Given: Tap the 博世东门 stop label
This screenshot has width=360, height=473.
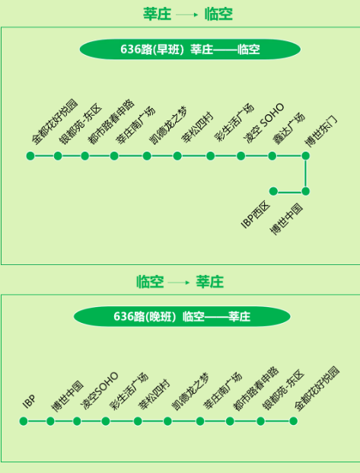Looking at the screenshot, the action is [x=321, y=132].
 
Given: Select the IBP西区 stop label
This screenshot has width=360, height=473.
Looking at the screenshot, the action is [x=256, y=215].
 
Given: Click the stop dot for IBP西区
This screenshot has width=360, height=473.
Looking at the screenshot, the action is [x=273, y=191].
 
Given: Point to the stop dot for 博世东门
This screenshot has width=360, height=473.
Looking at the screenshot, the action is [x=305, y=156].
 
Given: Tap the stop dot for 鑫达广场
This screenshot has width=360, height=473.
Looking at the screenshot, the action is [x=272, y=156].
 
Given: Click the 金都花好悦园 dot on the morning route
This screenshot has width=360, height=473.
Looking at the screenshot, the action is [x=30, y=156].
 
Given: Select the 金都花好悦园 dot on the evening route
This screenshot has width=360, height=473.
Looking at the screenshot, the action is [x=293, y=421].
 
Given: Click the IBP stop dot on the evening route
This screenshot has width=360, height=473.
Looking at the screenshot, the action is [x=24, y=421].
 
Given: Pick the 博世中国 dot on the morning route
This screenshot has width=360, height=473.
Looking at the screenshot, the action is [x=305, y=191].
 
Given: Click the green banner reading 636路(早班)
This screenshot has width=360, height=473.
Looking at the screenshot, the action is [x=190, y=50].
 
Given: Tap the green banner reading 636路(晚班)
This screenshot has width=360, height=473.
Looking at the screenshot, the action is [x=182, y=316].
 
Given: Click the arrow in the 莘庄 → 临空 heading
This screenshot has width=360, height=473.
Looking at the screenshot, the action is [x=187, y=14].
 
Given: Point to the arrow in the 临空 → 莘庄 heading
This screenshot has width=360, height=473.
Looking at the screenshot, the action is [x=179, y=283].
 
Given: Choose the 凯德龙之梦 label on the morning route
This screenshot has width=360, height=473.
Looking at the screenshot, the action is [x=168, y=125].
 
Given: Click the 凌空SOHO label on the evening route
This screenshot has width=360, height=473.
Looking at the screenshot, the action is [x=99, y=391].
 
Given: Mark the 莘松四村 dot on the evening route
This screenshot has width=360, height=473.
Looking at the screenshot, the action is [x=138, y=421].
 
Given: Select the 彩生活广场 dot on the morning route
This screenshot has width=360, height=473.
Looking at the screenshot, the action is [x=211, y=156].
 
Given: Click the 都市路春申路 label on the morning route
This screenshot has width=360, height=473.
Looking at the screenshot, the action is [x=110, y=121].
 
